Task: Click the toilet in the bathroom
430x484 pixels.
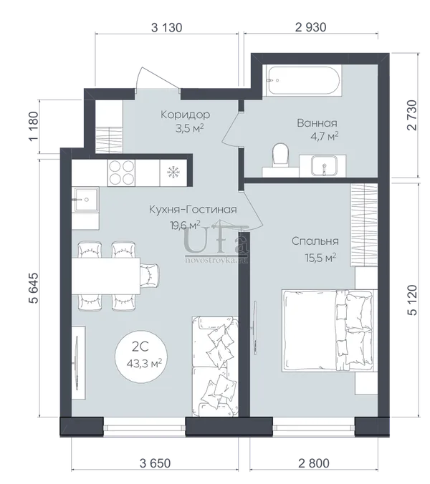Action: point(280,155)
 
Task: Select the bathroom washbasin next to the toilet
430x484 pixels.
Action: point(323,166)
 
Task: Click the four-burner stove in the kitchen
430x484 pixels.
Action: point(121,173)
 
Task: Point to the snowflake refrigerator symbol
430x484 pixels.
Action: point(173,173)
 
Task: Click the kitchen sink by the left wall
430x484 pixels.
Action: point(85,200)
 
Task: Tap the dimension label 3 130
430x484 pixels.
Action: point(166,27)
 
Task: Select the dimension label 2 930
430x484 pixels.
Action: point(310,27)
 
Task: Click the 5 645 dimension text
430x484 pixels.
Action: point(34,288)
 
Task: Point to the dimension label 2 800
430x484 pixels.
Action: point(314,463)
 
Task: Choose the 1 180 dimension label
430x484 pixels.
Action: point(34,126)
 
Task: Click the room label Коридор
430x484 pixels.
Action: point(186,115)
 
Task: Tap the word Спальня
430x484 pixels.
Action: point(315,241)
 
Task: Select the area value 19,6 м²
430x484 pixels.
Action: point(186,226)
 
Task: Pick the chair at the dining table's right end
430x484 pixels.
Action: point(150,276)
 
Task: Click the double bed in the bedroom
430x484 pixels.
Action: point(328,330)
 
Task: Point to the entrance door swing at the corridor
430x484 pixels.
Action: point(158,79)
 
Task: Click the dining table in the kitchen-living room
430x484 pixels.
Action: point(106,276)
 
